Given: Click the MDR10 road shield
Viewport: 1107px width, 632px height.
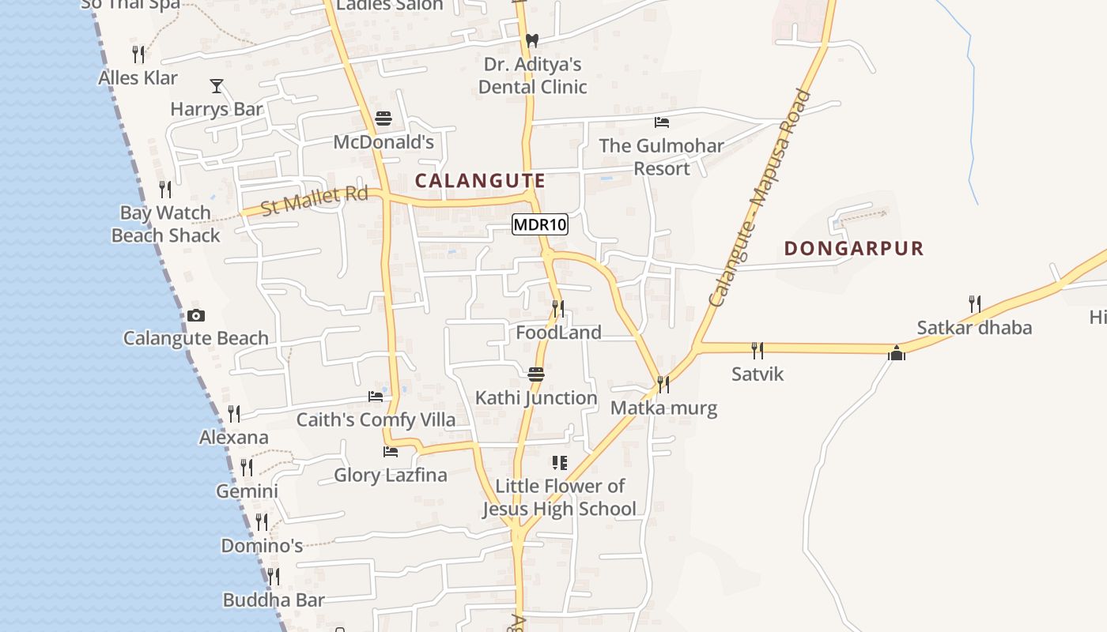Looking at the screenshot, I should pyautogui.click(x=540, y=224).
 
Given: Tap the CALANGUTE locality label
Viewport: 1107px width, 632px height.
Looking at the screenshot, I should pyautogui.click(x=480, y=180).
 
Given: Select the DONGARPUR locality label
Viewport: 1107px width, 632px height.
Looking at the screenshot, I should pyautogui.click(x=854, y=248).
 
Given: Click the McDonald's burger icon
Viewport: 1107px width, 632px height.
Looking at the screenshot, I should pyautogui.click(x=383, y=118).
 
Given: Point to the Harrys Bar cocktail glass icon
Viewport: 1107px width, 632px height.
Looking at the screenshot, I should pyautogui.click(x=217, y=85).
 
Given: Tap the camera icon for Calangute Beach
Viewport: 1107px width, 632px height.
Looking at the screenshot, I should pyautogui.click(x=196, y=315).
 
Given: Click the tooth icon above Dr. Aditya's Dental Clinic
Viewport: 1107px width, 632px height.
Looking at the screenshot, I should pyautogui.click(x=532, y=39).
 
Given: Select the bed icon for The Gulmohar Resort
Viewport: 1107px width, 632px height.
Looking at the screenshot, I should pyautogui.click(x=662, y=122).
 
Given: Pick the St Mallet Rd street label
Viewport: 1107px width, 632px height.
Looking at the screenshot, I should pyautogui.click(x=315, y=199).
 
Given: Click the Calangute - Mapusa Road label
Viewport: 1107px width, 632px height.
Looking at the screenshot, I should pyautogui.click(x=761, y=198).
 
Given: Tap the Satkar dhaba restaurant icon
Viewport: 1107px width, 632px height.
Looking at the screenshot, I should pyautogui.click(x=975, y=303).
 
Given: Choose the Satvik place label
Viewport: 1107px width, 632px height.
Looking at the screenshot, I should pyautogui.click(x=758, y=374).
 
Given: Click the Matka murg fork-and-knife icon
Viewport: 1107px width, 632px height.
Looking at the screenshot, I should pyautogui.click(x=663, y=384).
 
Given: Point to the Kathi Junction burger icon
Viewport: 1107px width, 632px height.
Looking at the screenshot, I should pyautogui.click(x=536, y=373).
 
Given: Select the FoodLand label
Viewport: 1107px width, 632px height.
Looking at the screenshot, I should pyautogui.click(x=558, y=333).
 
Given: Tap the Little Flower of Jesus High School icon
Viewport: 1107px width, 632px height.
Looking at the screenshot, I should pyautogui.click(x=560, y=462).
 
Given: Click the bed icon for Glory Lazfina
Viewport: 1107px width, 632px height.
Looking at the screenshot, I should pyautogui.click(x=390, y=451).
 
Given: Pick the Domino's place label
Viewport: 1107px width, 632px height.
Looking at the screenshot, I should pyautogui.click(x=262, y=546).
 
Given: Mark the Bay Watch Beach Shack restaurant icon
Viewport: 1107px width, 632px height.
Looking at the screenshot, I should pyautogui.click(x=165, y=189).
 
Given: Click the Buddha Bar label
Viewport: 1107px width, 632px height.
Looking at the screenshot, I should pyautogui.click(x=274, y=600).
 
